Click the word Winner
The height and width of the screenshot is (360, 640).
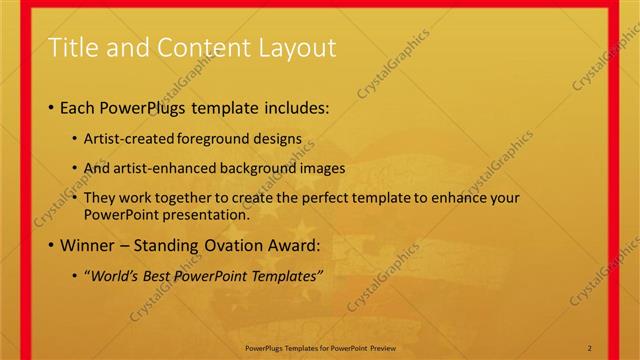(92, 244)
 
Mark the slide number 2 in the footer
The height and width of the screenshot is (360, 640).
(590, 347)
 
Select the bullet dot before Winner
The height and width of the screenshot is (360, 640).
(51, 245)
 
